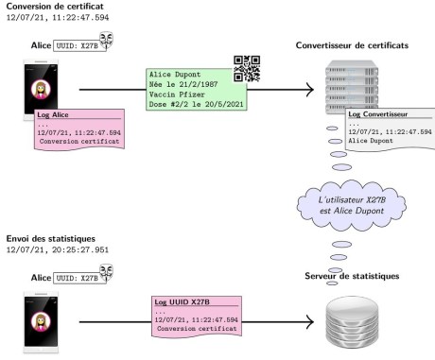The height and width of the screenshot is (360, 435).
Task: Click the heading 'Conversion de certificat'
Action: [55, 7]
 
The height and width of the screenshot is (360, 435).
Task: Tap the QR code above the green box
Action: [247, 69]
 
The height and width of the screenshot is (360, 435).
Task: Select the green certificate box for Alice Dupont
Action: [196, 90]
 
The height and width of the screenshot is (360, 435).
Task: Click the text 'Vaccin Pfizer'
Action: [177, 94]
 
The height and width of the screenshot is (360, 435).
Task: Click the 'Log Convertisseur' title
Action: [377, 114]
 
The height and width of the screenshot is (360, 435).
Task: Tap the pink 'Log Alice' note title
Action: [53, 114]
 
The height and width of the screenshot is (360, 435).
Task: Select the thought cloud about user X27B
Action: [352, 205]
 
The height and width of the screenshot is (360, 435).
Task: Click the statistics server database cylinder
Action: [352, 322]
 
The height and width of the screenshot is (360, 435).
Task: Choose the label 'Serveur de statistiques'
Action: [352, 276]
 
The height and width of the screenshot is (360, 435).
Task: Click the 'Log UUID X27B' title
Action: [182, 302]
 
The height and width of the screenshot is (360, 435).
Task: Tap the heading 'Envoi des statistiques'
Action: [51, 238]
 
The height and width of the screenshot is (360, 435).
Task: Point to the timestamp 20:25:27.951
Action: [80, 249]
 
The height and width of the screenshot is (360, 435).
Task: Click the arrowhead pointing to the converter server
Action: [310, 90]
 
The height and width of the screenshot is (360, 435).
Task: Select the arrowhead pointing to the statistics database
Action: [310, 322]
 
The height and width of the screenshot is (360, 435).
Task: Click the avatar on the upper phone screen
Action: [41, 90]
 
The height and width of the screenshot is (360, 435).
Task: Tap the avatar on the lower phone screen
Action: [41, 322]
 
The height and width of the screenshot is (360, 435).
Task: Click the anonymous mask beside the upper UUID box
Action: [106, 41]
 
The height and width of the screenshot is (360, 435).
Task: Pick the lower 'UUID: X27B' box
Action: [79, 278]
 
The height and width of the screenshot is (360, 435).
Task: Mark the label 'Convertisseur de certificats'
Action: [352, 45]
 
